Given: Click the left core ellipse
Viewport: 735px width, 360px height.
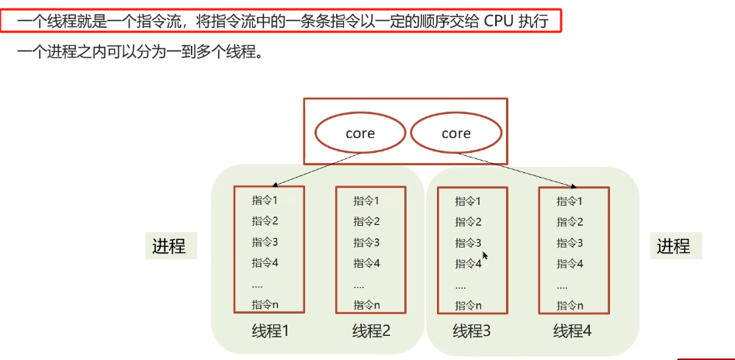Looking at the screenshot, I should point(360,133).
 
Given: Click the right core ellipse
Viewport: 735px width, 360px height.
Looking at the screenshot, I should point(456,133).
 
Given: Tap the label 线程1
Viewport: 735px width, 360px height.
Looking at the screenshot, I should point(270,331).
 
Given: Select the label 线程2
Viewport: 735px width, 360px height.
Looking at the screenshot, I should point(371,331).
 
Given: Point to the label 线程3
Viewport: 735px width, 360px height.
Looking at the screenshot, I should point(472,331).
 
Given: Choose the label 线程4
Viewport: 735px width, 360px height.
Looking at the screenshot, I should point(573,331).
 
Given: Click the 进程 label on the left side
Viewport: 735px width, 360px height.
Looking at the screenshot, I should point(168,247).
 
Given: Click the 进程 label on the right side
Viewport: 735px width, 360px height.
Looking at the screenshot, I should point(673,247).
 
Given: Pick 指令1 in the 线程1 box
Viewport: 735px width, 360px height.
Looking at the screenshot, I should point(265,200).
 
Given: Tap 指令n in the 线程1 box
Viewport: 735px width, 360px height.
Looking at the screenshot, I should point(265,304).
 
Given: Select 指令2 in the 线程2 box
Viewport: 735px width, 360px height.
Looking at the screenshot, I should point(366,221).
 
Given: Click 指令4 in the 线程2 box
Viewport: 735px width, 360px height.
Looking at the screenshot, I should point(366,263).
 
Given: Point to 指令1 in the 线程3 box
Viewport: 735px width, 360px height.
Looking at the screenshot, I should point(468,201).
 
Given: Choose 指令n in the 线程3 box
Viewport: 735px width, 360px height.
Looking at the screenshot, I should point(468,306).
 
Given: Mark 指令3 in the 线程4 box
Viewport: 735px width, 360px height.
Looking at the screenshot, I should point(570,243).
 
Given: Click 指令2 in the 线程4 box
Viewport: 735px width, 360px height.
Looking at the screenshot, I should point(570,222).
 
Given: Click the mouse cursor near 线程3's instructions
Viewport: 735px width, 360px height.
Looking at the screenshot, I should point(485,255).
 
